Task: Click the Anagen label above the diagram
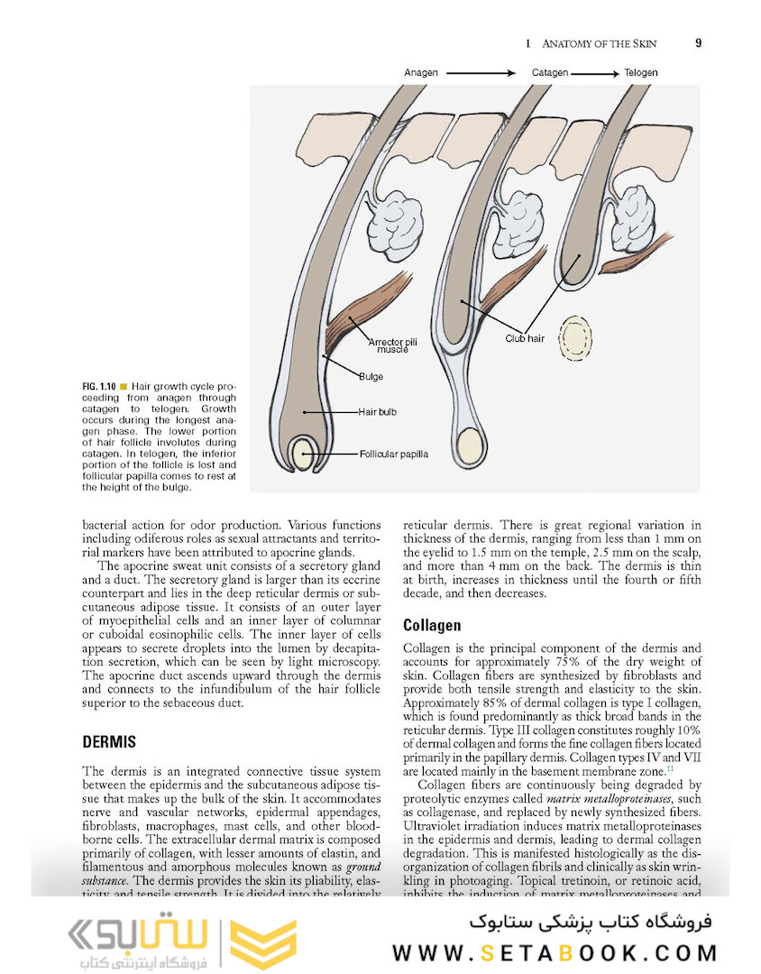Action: click(421, 72)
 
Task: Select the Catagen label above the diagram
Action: click(549, 72)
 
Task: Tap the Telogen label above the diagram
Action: click(638, 72)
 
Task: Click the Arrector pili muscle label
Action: click(393, 345)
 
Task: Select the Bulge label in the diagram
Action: click(371, 376)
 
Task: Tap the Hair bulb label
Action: click(378, 412)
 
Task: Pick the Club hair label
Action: click(524, 339)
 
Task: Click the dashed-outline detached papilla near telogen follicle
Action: click(575, 338)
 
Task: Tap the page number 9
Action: click(699, 43)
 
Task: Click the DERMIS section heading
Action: click(109, 742)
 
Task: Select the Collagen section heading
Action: click(432, 625)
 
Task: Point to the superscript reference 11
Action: click(670, 768)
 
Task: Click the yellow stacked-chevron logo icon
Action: click(262, 944)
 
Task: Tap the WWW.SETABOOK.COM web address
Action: click(555, 953)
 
